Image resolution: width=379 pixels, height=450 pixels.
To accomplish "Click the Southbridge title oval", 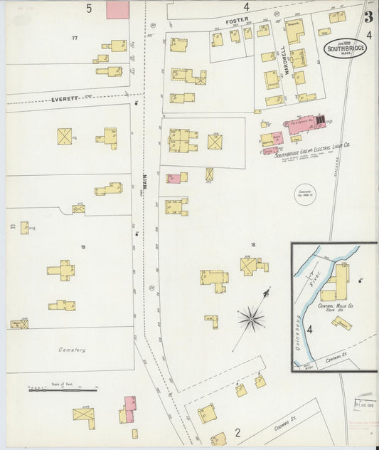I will pos(346,49).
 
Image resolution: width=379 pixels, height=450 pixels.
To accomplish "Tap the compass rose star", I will pos(251,318).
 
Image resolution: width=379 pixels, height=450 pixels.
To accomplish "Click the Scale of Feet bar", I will pos(63,389).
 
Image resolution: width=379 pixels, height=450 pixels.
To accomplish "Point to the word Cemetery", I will pos(73,350).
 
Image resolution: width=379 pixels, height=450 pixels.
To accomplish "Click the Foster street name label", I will pos(237,21).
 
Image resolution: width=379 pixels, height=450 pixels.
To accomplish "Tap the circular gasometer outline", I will pos(306,193).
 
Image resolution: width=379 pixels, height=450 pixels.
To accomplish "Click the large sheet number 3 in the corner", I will pos(369,18).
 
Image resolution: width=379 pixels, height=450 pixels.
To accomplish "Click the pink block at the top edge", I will pos(117,9).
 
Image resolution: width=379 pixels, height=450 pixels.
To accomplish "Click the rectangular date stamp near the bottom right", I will pos(365,404).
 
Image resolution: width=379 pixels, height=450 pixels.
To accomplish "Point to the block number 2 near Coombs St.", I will pos(237,431).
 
